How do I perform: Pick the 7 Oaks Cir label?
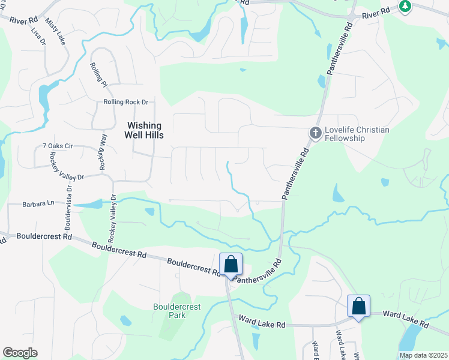coord(58,146)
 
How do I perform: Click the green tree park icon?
coord(406,7)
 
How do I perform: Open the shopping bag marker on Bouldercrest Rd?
coord(231,265)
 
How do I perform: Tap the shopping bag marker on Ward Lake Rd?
coord(358,306)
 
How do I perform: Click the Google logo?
coord(20,353)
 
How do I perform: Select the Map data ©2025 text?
coord(423,355)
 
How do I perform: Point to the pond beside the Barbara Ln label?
coord(90,205)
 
